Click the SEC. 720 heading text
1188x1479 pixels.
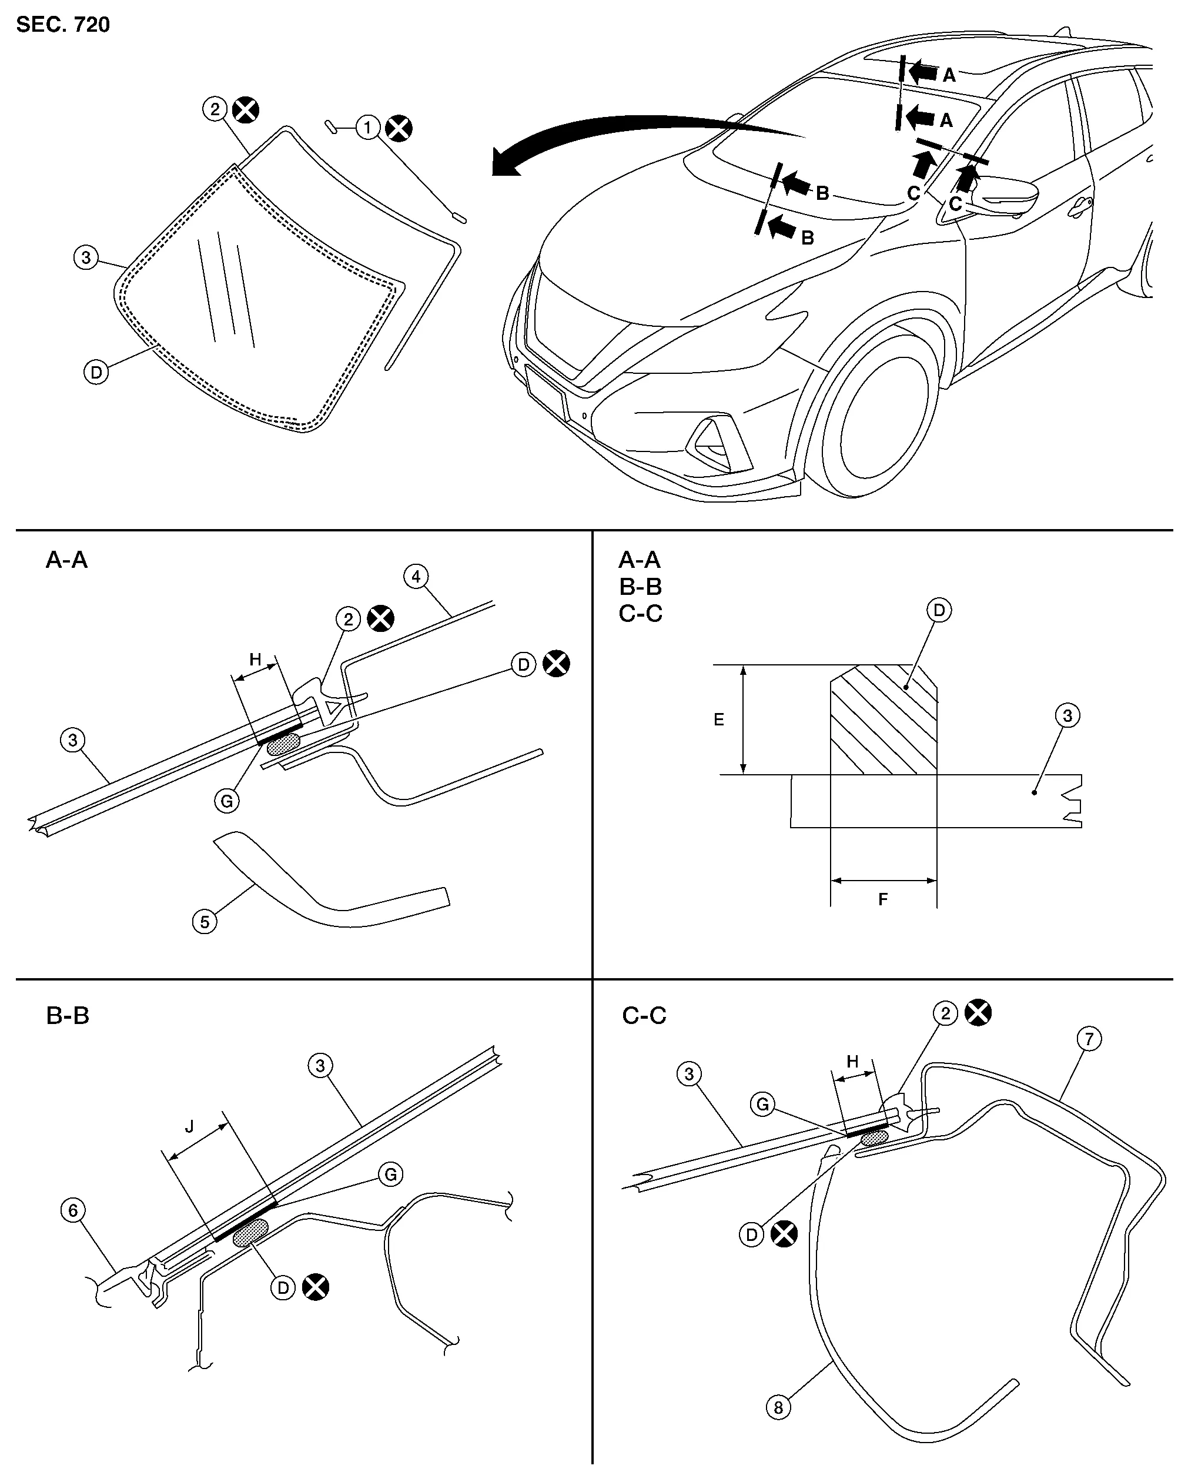pos(62,25)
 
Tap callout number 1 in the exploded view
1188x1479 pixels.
pos(367,128)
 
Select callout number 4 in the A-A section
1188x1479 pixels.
pos(416,576)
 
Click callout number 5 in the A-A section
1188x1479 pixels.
pos(205,922)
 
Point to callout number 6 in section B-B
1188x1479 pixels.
pos(73,1211)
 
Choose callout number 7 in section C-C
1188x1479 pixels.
pos(1089,1039)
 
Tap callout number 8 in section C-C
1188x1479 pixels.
pos(778,1408)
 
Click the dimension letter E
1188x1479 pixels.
pos(719,720)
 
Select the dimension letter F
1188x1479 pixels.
pos(883,899)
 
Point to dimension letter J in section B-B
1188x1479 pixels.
pos(190,1126)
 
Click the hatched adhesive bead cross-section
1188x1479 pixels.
pos(884,720)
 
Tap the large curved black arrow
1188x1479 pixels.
pos(617,137)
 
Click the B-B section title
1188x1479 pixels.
pos(67,1015)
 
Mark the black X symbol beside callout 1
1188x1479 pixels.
pos(399,128)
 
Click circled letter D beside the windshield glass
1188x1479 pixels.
pos(96,373)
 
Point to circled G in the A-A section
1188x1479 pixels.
pos(226,801)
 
